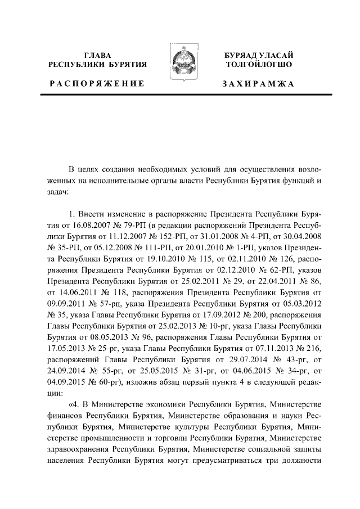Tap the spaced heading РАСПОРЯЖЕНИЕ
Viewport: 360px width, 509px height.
(97, 83)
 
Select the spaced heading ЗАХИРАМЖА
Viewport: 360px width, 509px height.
(258, 83)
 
